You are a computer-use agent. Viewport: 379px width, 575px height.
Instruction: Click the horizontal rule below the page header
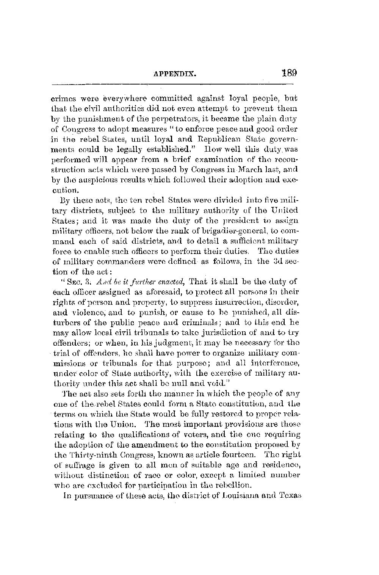tap(172, 84)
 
